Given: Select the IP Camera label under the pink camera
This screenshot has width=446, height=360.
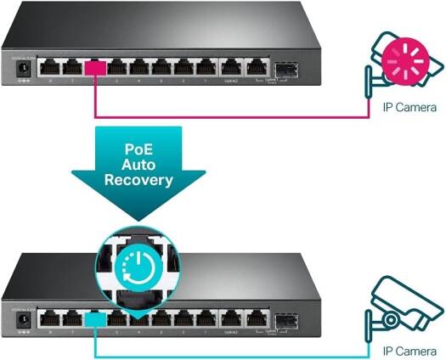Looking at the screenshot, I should (409, 108).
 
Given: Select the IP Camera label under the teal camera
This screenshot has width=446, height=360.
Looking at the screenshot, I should (409, 350).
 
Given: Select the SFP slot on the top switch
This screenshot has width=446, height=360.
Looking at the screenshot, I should (284, 66).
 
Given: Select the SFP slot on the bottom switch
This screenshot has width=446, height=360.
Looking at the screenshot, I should (284, 320).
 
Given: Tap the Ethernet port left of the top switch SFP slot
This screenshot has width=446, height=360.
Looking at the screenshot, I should (254, 66).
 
